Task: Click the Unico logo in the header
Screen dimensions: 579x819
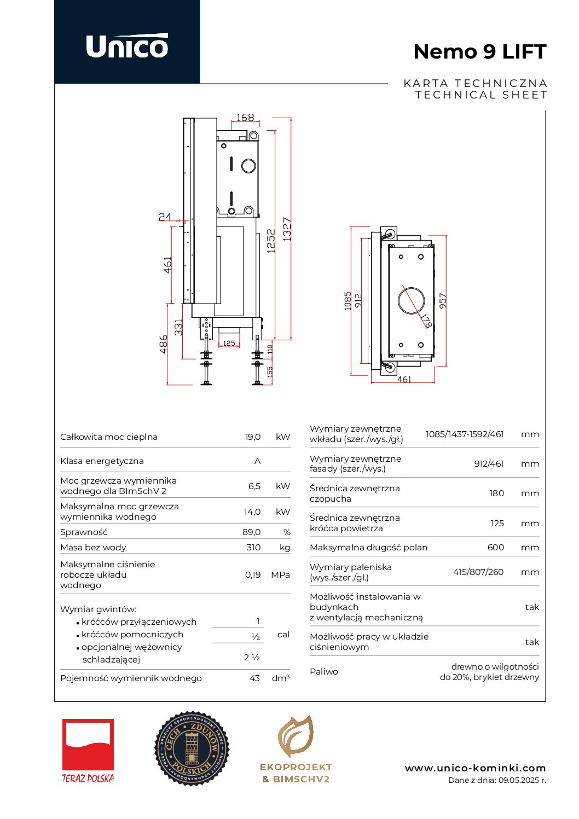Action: [x=127, y=46]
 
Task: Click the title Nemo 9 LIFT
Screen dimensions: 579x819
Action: [x=479, y=51]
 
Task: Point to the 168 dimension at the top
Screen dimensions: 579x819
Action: [x=245, y=118]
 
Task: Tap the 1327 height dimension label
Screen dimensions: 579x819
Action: [x=287, y=229]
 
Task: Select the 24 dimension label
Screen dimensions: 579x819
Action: [x=165, y=217]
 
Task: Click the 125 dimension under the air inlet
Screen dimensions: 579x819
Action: [x=229, y=343]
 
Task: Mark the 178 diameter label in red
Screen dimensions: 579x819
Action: [x=426, y=320]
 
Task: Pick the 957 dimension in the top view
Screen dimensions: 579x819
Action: [x=443, y=300]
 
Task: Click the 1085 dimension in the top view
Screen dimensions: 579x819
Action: [x=348, y=300]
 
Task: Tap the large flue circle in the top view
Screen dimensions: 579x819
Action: [x=398, y=300]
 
